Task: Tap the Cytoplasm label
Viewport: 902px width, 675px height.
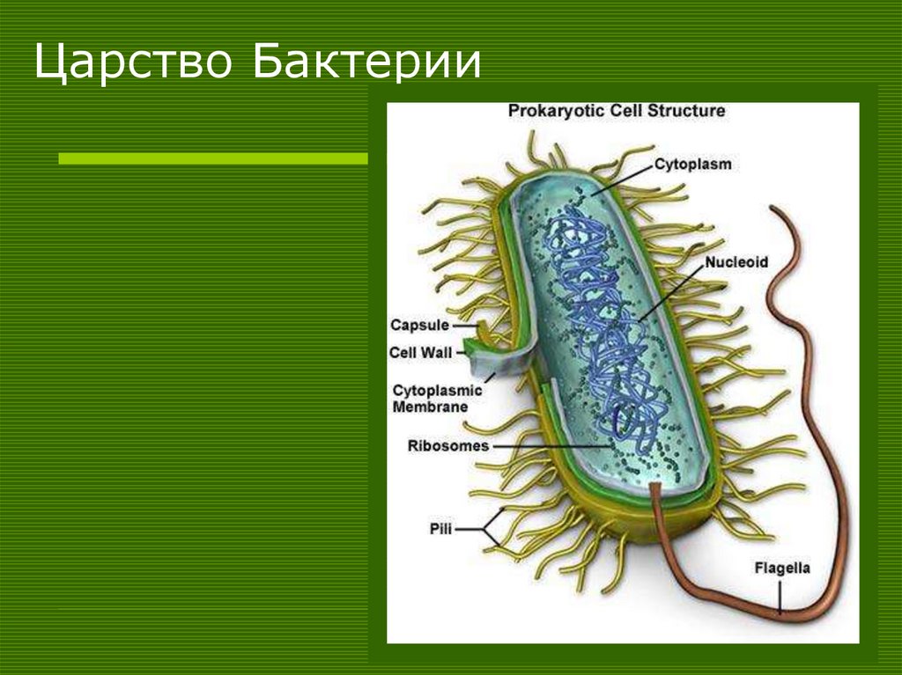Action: point(692,164)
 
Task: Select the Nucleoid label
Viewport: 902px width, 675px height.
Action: point(736,262)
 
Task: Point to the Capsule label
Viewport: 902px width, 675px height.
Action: point(419,326)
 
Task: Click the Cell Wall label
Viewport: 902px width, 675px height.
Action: point(420,353)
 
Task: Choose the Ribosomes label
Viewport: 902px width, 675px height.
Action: point(447,445)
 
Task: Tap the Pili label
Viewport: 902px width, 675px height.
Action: point(441,528)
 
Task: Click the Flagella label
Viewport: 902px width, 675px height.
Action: point(781,569)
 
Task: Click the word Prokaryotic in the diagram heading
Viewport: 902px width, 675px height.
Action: point(551,112)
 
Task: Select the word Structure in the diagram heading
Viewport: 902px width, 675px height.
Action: point(686,112)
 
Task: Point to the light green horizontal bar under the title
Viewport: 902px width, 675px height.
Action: point(211,158)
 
